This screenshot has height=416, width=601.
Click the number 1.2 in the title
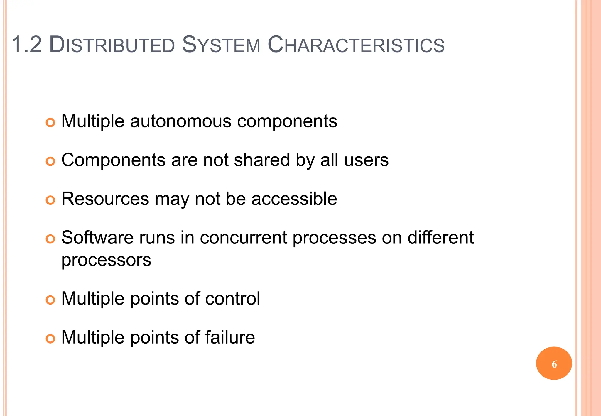pyautogui.click(x=27, y=45)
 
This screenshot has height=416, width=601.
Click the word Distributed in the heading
pyautogui.click(x=112, y=45)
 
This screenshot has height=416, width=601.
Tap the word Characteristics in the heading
pyautogui.click(x=356, y=45)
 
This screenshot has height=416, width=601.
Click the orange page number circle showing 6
pyautogui.click(x=554, y=363)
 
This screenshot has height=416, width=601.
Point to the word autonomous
pyautogui.click(x=180, y=121)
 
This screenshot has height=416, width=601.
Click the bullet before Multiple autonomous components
pyautogui.click(x=50, y=122)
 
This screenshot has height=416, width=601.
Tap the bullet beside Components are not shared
pyautogui.click(x=50, y=161)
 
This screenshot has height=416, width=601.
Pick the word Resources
pyautogui.click(x=105, y=199)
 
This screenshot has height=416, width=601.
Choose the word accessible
pyautogui.click(x=294, y=199)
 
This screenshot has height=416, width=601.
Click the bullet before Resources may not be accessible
pyautogui.click(x=50, y=200)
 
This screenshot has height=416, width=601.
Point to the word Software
pyautogui.click(x=97, y=237)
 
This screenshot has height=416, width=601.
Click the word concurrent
pyautogui.click(x=243, y=237)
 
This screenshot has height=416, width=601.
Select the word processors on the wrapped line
pyautogui.click(x=106, y=260)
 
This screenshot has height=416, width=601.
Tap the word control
pyautogui.click(x=233, y=298)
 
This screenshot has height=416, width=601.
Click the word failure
pyautogui.click(x=230, y=337)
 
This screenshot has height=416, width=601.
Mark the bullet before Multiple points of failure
pyautogui.click(x=50, y=339)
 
